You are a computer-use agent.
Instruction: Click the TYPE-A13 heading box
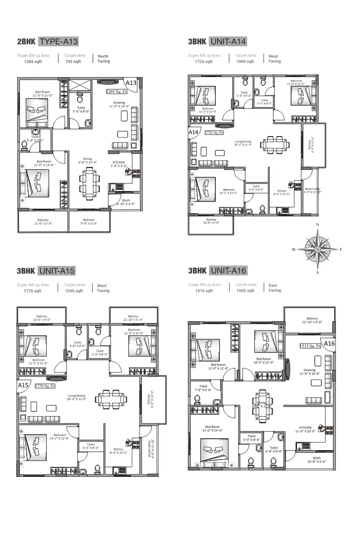coord(59,42)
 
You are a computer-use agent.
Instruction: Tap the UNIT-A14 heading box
coord(229,42)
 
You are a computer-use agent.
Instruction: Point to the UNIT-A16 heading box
coord(229,271)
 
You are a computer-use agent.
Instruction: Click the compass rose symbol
coord(317,249)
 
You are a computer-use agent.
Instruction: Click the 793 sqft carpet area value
coord(73,62)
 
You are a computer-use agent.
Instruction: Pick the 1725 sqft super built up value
coord(204,62)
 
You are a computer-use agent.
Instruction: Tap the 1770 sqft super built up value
coord(33,291)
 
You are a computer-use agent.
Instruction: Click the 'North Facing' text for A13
coord(104,59)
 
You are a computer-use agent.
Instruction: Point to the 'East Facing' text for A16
coord(275,288)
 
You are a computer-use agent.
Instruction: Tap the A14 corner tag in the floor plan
coord(194,132)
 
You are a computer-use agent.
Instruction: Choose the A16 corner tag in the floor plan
coord(329,344)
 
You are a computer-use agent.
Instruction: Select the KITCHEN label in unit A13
coord(119,162)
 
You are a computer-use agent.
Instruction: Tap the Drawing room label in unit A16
coord(310,370)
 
